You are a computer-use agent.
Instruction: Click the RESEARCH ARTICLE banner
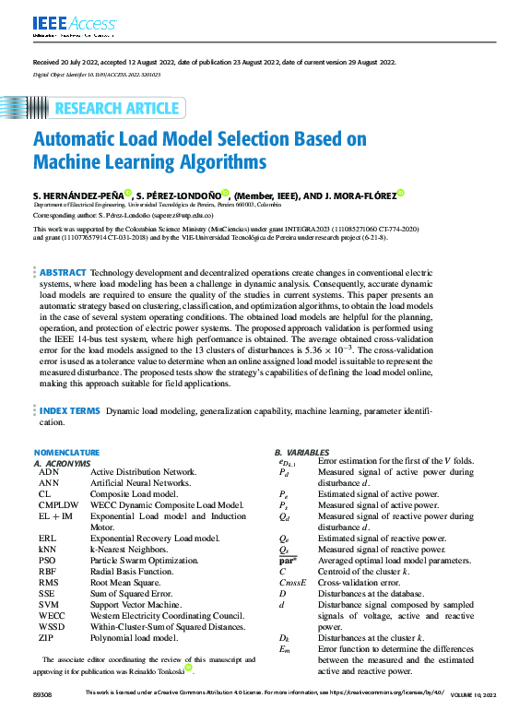click(x=117, y=108)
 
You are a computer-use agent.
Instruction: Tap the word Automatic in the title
click(x=81, y=140)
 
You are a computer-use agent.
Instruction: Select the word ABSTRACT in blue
click(x=63, y=273)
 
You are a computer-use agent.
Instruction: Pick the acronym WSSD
click(x=52, y=627)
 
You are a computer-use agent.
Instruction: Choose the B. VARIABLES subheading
click(x=301, y=452)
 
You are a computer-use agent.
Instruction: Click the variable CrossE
click(x=292, y=583)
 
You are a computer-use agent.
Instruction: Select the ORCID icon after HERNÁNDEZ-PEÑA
click(x=128, y=195)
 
